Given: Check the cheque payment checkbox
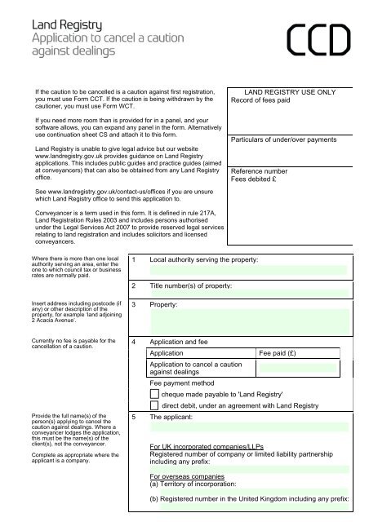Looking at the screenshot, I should pos(156,395).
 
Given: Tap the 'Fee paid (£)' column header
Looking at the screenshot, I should pos(282,353).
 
